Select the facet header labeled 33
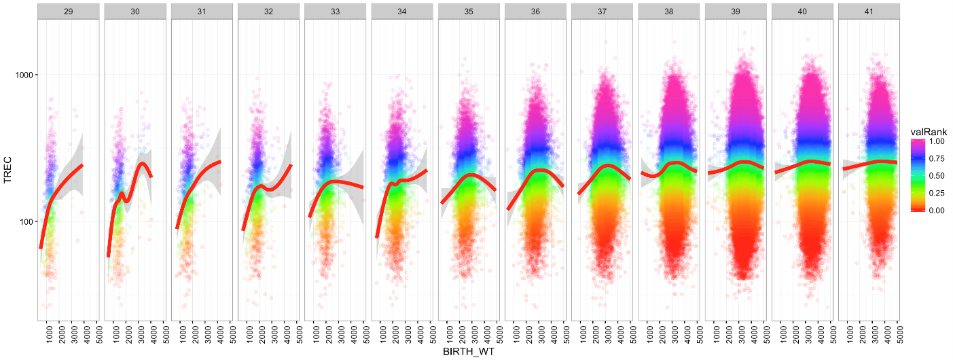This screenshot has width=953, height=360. coord(335,12)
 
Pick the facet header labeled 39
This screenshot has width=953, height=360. coord(736,12)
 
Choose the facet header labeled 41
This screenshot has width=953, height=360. coord(869,12)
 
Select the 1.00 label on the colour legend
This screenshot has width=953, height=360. coord(937,141)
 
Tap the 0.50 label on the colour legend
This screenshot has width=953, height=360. coord(937,176)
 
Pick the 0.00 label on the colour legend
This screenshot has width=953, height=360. coord(937,211)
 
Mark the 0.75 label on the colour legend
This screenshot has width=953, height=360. coord(937,158)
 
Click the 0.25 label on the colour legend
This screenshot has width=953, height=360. coord(937,193)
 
